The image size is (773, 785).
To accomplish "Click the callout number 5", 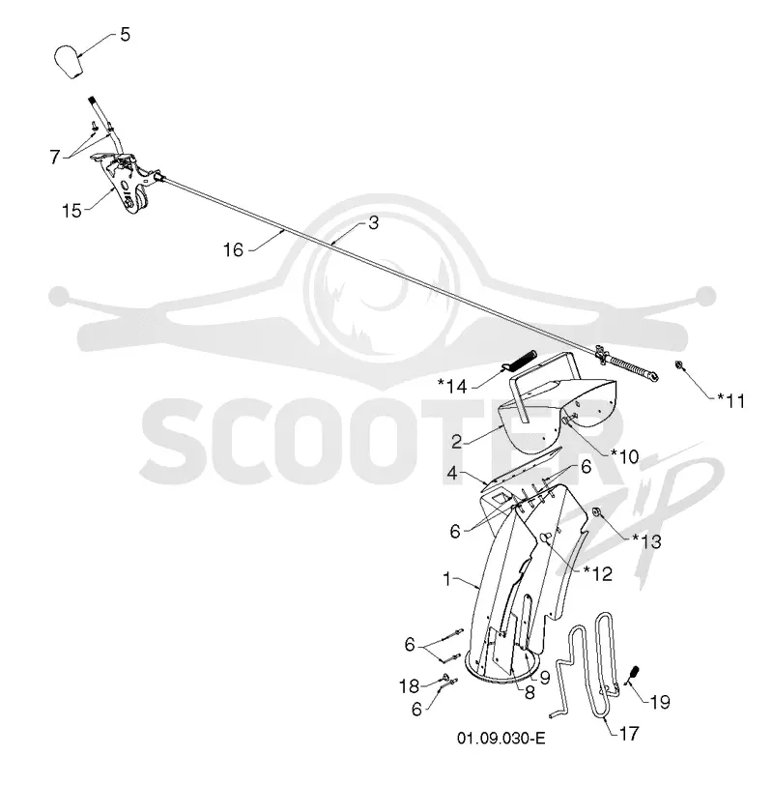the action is (x=125, y=35).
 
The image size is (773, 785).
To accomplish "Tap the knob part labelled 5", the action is (x=68, y=62).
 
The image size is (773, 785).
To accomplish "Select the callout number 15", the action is (x=72, y=211).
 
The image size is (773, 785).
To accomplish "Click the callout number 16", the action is (x=233, y=249).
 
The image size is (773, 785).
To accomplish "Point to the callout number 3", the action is (x=373, y=223).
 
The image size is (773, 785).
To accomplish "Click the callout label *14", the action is (x=452, y=386).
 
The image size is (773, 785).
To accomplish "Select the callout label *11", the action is (x=731, y=400).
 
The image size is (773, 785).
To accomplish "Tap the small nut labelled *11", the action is (x=680, y=365).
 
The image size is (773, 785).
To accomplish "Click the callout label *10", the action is (x=625, y=456).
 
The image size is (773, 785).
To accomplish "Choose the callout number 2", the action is (x=456, y=442).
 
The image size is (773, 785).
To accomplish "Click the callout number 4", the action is (x=452, y=473).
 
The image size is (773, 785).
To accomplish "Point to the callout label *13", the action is (x=646, y=541).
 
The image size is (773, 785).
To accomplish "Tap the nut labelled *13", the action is (x=597, y=511).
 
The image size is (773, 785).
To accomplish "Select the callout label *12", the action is (x=598, y=573).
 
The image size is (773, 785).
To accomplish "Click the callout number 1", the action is (x=447, y=579).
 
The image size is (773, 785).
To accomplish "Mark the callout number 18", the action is (x=409, y=685).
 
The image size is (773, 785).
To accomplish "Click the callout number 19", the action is (x=659, y=702).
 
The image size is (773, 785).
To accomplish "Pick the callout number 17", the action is (x=629, y=734).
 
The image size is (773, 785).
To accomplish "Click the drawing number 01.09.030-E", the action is (x=501, y=739).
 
